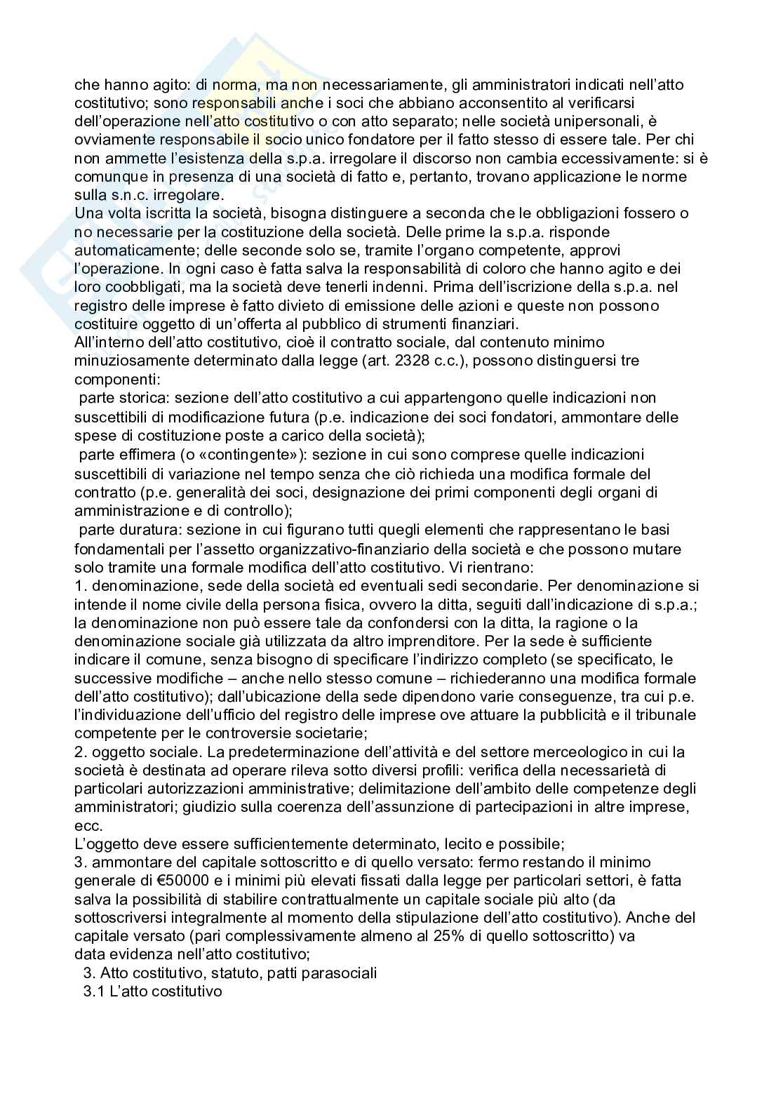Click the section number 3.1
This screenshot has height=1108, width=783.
coord(94,992)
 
